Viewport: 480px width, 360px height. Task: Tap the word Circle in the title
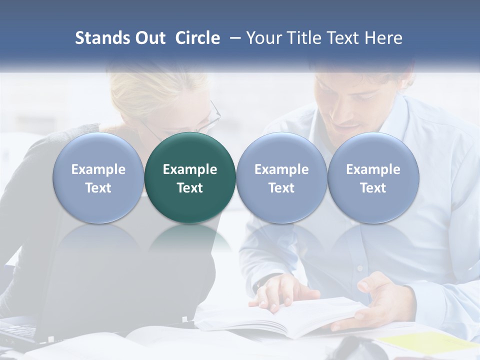click(x=197, y=38)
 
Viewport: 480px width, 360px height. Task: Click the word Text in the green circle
click(x=190, y=188)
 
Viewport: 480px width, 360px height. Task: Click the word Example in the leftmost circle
click(x=98, y=169)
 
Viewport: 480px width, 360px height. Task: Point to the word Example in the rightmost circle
click(x=373, y=169)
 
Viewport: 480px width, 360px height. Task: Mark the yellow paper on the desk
click(x=425, y=342)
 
